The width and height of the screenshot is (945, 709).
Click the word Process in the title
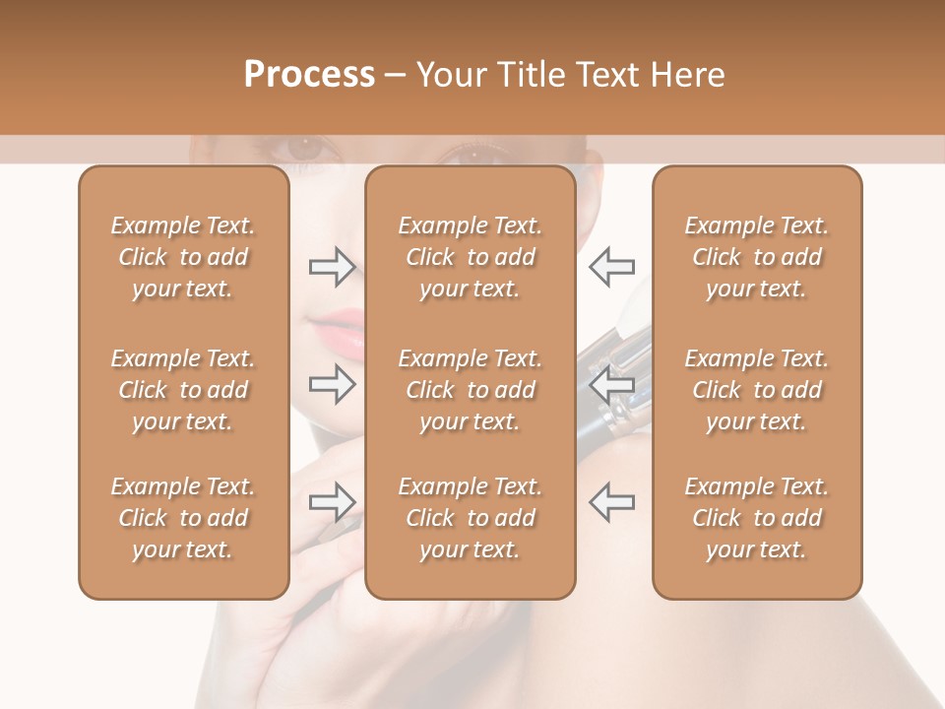pyautogui.click(x=309, y=75)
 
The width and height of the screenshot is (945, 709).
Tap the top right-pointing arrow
pyautogui.click(x=332, y=266)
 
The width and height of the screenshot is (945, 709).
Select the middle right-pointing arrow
pyautogui.click(x=332, y=383)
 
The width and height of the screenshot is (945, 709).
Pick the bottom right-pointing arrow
pyautogui.click(x=332, y=502)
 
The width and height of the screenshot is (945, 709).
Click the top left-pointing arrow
pyautogui.click(x=611, y=266)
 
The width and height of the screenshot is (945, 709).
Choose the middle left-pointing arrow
pyautogui.click(x=611, y=383)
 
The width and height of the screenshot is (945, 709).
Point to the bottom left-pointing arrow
pyautogui.click(x=611, y=502)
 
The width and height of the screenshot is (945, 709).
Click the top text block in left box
pyautogui.click(x=183, y=257)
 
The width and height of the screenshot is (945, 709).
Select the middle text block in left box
pyautogui.click(x=183, y=390)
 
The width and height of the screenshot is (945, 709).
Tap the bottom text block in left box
pyautogui.click(x=183, y=518)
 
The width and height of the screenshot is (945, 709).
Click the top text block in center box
pyautogui.click(x=470, y=257)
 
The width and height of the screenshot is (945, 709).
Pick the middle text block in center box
pyautogui.click(x=470, y=390)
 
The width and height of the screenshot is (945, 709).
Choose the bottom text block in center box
pyautogui.click(x=470, y=518)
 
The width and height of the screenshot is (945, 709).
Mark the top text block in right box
pyautogui.click(x=757, y=257)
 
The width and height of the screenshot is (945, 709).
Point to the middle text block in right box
pyautogui.click(x=757, y=390)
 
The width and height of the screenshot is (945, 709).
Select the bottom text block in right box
pyautogui.click(x=757, y=518)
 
